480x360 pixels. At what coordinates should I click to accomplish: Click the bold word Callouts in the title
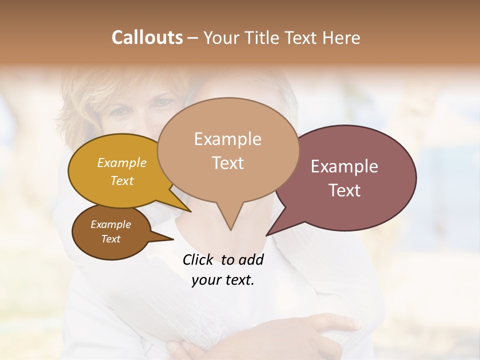coord(147,37)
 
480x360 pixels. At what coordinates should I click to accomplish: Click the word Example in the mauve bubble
coord(344,166)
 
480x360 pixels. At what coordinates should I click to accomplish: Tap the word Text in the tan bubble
coord(228,163)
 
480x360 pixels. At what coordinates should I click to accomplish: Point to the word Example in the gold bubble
coord(122,162)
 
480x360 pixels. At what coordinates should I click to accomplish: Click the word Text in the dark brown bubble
coord(111,239)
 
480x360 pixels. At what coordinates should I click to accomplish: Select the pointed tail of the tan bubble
coord(230,222)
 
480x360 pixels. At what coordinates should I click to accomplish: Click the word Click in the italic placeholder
coord(198,259)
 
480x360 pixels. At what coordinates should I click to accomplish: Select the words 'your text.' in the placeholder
coord(223,280)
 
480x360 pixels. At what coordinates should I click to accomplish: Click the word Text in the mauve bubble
coord(344,190)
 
